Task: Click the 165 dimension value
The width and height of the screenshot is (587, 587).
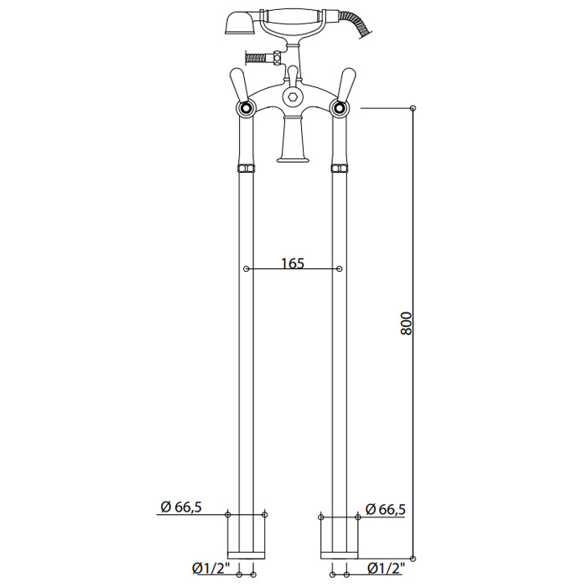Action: click(x=293, y=263)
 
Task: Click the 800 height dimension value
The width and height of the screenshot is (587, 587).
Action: click(x=406, y=323)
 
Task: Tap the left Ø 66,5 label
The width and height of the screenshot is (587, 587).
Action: click(x=181, y=506)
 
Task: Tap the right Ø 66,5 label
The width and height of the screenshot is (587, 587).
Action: click(x=385, y=509)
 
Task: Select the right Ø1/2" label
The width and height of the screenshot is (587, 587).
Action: click(x=387, y=569)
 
